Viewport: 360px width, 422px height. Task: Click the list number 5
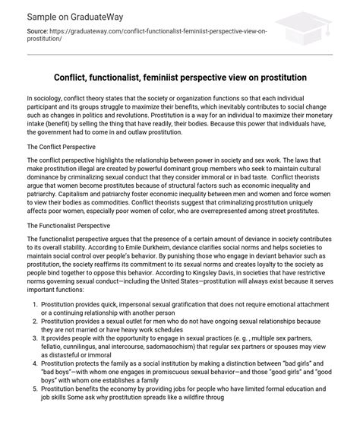click(34, 409)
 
